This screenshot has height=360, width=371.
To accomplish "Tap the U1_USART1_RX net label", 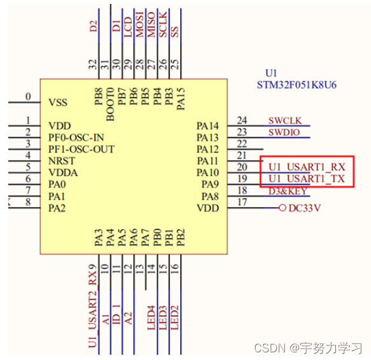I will [307, 167].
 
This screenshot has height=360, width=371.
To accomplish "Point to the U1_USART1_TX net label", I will [307, 179].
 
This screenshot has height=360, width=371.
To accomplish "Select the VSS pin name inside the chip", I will [58, 103].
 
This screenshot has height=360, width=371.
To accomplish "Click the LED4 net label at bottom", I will [151, 317].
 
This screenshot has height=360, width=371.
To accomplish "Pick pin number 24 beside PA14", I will [242, 120].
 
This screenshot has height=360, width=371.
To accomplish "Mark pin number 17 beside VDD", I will [242, 203].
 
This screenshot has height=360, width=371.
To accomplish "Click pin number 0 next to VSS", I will [28, 97].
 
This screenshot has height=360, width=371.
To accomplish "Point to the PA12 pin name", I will [207, 149].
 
